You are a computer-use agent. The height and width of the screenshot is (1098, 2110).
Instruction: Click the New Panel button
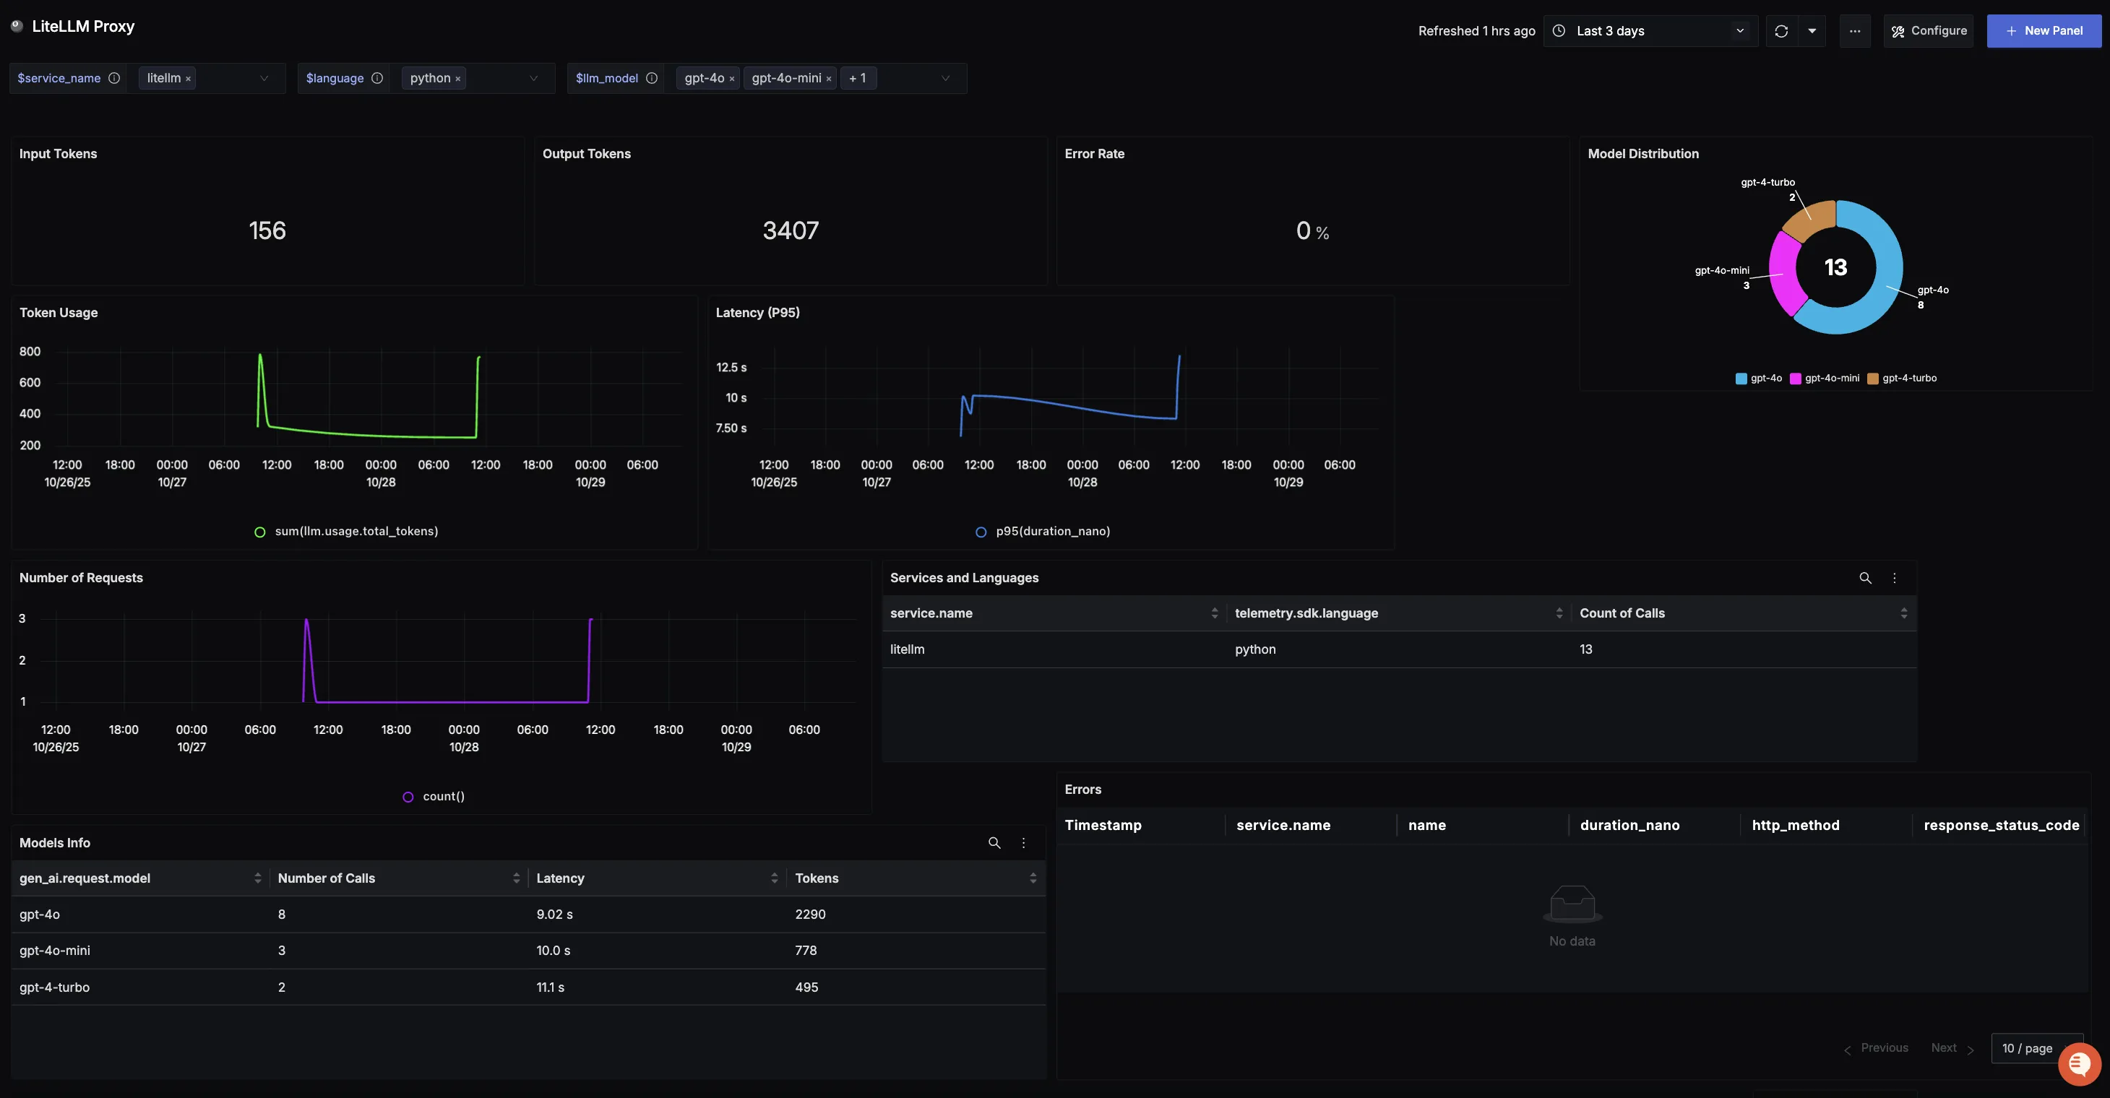point(2044,31)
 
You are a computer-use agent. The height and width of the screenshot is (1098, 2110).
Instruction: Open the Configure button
point(1929,31)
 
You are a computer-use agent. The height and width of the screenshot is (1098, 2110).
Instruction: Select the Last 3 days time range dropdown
point(1650,31)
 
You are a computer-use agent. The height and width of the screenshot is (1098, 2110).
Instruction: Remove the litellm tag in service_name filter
point(189,79)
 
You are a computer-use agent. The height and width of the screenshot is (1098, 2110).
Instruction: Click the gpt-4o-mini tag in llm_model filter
point(785,79)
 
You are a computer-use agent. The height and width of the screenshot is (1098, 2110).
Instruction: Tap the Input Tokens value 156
point(267,231)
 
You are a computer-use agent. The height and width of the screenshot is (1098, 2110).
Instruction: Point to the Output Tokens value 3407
point(791,231)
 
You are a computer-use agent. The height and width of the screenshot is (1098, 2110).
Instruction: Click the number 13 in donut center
point(1835,268)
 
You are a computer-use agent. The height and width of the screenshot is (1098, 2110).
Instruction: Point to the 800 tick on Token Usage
point(30,352)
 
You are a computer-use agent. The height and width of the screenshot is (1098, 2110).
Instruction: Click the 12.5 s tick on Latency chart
point(731,368)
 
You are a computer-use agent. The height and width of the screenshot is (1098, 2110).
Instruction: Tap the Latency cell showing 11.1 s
point(551,987)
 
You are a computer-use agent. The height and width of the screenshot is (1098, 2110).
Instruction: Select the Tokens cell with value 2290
point(810,915)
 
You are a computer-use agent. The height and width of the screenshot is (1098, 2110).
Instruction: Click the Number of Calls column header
point(326,878)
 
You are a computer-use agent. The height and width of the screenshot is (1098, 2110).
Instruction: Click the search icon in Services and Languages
point(1865,578)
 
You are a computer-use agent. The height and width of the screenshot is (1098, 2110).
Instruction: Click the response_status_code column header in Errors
point(2001,826)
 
